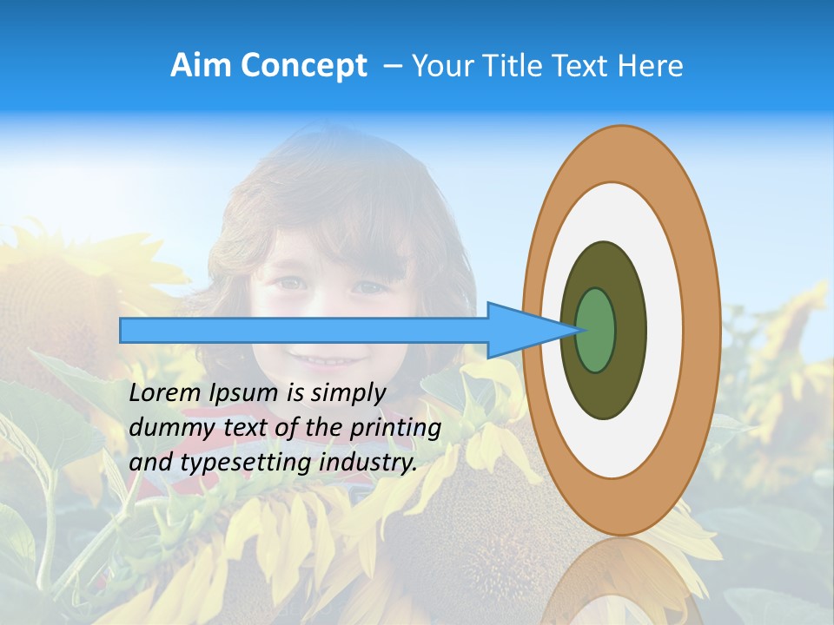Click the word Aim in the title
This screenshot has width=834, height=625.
click(201, 66)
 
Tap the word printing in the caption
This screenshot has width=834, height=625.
click(395, 429)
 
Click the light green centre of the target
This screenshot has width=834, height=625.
click(595, 330)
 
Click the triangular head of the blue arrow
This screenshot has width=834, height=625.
click(530, 330)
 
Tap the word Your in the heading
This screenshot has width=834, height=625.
click(440, 66)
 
